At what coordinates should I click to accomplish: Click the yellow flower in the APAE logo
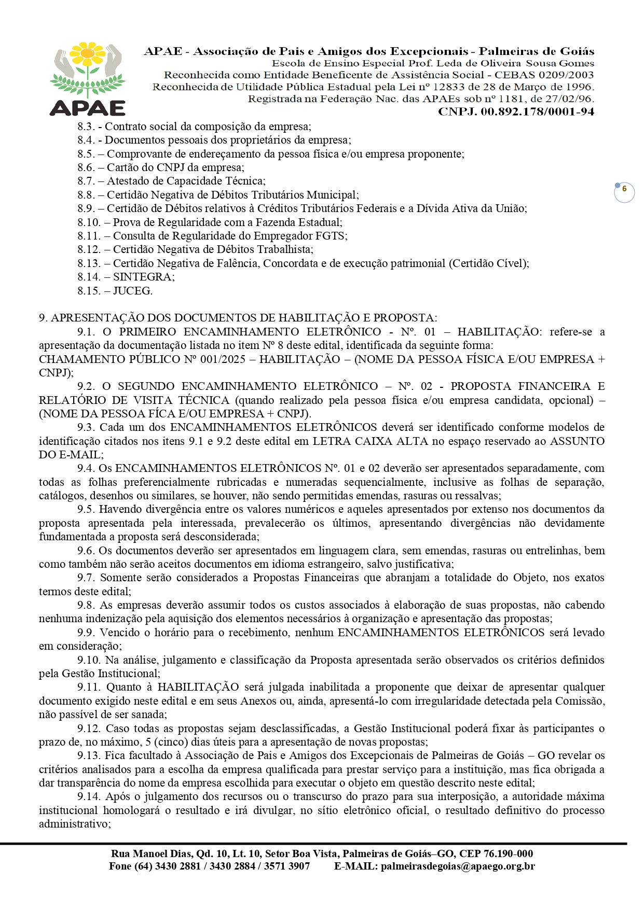88,53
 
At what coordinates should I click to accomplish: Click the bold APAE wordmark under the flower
88,108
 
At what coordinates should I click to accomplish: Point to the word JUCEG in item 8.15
132,291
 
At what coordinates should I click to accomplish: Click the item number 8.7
86,181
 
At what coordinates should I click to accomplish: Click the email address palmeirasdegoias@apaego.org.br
458,866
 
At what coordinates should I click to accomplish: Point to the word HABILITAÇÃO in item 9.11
198,687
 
